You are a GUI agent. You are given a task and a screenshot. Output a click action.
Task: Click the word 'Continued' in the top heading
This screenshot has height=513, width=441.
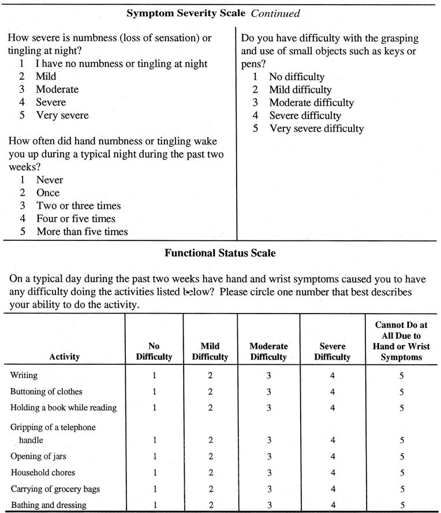click(x=275, y=12)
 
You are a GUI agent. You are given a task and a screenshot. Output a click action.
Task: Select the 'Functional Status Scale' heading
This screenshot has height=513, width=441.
click(x=220, y=252)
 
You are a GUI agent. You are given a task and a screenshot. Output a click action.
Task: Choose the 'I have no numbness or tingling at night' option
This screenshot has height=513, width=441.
click(x=121, y=63)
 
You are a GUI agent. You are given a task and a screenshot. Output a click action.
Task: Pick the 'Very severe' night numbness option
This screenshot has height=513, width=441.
click(x=62, y=115)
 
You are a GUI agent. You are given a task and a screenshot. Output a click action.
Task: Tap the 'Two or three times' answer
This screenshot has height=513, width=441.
click(x=79, y=206)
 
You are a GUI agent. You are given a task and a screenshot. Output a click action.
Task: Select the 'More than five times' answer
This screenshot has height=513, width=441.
click(x=82, y=232)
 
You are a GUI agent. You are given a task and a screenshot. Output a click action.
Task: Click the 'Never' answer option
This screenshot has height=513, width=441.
click(x=50, y=180)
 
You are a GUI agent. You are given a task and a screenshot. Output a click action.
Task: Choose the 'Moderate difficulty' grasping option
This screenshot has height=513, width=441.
click(x=311, y=103)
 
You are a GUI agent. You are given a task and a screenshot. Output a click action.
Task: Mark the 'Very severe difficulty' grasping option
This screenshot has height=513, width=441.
click(x=316, y=129)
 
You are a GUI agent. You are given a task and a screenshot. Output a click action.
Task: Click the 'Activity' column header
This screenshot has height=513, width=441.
click(x=65, y=357)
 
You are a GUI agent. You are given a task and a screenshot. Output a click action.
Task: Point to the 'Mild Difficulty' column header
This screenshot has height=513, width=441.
click(x=210, y=352)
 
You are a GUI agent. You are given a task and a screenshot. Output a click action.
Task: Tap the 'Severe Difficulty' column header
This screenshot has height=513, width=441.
click(x=332, y=352)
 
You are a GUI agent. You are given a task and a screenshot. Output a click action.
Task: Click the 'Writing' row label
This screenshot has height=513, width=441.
click(x=24, y=375)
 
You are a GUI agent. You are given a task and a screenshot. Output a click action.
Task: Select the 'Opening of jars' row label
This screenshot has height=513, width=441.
click(x=38, y=457)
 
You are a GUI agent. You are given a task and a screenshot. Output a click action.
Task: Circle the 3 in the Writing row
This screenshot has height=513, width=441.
click(x=268, y=375)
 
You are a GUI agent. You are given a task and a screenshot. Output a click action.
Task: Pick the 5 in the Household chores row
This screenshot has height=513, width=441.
click(x=402, y=473)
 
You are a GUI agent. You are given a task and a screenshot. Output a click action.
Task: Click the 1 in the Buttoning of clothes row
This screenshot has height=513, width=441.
click(x=154, y=391)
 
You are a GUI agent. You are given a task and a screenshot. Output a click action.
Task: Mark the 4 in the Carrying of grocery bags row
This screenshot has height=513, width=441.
click(x=332, y=489)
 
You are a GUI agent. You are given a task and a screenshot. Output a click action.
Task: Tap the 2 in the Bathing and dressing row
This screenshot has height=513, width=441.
click(x=210, y=506)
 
